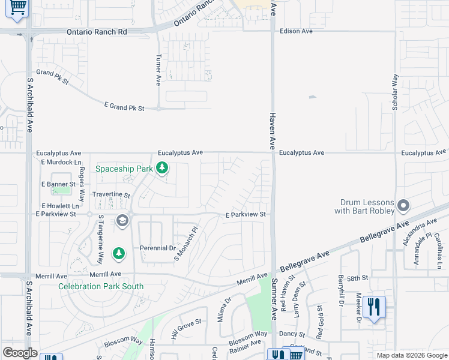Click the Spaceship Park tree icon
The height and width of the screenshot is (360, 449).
[161, 169]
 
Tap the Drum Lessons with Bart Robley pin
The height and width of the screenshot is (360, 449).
[403, 206]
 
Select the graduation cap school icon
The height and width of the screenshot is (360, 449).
[122, 221]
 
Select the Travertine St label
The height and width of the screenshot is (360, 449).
[111, 195]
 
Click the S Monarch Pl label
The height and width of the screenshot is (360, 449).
[185, 244]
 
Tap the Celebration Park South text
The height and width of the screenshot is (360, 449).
[101, 286]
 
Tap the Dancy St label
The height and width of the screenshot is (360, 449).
[293, 333]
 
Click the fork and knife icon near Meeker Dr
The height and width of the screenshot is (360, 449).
[374, 307]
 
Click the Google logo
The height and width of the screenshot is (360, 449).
[20, 353]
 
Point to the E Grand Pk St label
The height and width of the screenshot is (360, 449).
[124, 107]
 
